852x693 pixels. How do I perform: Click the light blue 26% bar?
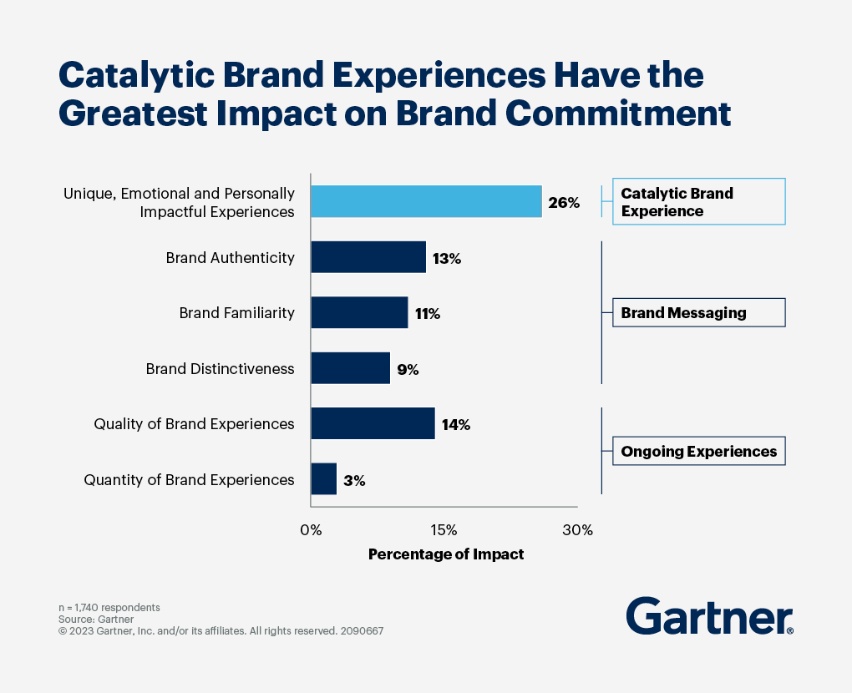426,201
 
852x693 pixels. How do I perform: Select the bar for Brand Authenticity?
368,257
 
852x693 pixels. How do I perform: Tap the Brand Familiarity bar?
359,313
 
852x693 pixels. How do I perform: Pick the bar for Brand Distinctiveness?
350,368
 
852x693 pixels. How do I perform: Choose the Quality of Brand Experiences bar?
373,423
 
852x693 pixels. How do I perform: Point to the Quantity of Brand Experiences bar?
323,479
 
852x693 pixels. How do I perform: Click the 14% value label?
456,425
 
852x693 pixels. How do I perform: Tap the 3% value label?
354,481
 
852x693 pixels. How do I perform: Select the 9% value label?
408,369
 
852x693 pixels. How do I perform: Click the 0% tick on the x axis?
311,530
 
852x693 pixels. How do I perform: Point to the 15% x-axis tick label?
444,530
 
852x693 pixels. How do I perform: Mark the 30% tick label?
577,530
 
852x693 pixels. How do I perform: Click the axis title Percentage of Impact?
446,554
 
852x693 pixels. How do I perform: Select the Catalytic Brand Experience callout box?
698,202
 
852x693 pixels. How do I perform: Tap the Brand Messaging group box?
698,313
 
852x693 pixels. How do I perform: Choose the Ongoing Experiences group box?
698,452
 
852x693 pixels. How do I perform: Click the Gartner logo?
709,616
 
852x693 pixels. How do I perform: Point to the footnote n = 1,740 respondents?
109,607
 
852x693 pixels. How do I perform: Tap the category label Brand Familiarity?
236,313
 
